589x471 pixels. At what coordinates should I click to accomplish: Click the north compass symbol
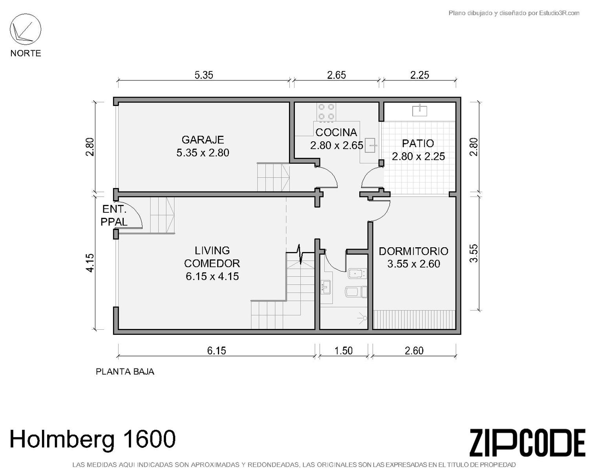point(26,29)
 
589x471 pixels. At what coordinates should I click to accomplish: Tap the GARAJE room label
point(203,140)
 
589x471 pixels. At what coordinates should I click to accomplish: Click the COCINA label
point(336,132)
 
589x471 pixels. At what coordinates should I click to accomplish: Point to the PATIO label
point(418,143)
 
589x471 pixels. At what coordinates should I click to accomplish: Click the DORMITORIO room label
point(413,251)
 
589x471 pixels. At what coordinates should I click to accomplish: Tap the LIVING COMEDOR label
point(212,257)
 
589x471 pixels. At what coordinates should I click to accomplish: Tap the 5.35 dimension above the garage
point(204,75)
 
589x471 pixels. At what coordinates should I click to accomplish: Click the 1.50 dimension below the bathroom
point(344,351)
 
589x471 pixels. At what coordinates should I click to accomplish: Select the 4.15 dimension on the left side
point(90,263)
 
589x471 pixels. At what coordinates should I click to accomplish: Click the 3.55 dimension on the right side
point(474,253)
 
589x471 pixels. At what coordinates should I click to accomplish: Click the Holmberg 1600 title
point(93,439)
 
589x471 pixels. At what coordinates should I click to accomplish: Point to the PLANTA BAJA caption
point(125,372)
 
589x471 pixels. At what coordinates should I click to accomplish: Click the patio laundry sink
point(420,110)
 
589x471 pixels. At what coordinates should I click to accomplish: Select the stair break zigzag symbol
point(300,254)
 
